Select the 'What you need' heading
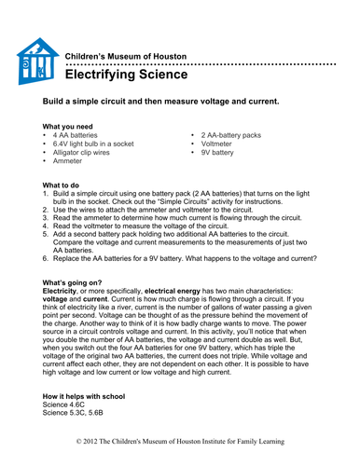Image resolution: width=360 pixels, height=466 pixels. tap(74, 126)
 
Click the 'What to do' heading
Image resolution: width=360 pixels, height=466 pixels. tap(67, 185)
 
